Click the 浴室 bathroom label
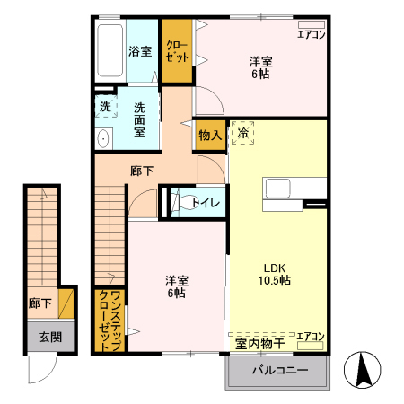point(139,51)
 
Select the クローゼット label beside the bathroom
point(178,51)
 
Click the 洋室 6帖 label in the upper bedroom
point(261,67)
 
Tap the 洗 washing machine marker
point(106,107)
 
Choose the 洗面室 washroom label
point(140,119)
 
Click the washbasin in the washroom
point(102,138)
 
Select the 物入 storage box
point(210,135)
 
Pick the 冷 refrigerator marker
point(242,134)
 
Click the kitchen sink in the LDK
point(277,189)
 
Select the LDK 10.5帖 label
point(276,274)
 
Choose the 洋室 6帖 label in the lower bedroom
point(175,285)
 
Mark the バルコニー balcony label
point(279,370)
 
